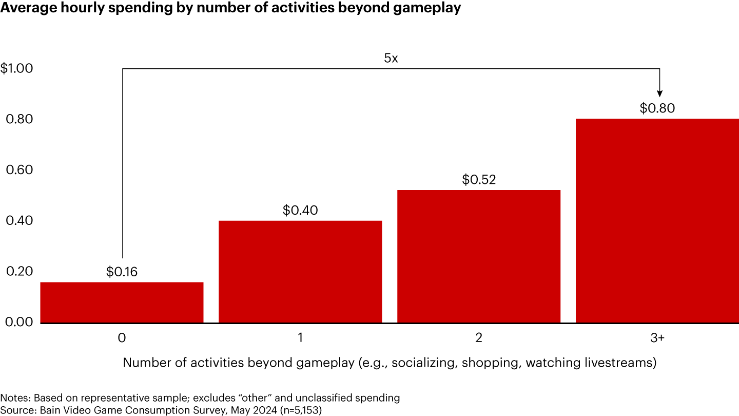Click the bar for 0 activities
pyautogui.click(x=122, y=302)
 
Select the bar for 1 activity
pyautogui.click(x=300, y=272)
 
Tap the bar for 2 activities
pyautogui.click(x=479, y=256)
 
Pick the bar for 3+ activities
pyautogui.click(x=657, y=221)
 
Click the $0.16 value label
pyautogui.click(x=122, y=272)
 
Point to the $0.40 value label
pyautogui.click(x=300, y=210)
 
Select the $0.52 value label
pyautogui.click(x=479, y=180)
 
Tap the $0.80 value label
pyautogui.click(x=657, y=108)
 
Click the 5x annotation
pyautogui.click(x=391, y=58)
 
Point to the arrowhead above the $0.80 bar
pyautogui.click(x=660, y=93)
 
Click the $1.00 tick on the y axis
pyautogui.click(x=16, y=68)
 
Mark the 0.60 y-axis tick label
pyautogui.click(x=19, y=170)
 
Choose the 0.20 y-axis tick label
pyautogui.click(x=19, y=272)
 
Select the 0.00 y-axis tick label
pyautogui.click(x=19, y=322)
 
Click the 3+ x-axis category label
pyautogui.click(x=657, y=338)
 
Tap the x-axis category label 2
pyautogui.click(x=479, y=338)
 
